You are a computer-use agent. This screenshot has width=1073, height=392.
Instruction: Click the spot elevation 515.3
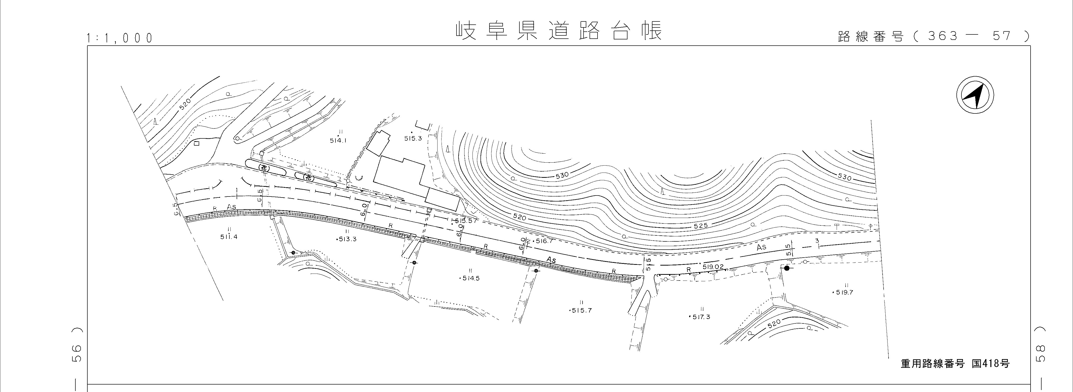pyautogui.click(x=413, y=138)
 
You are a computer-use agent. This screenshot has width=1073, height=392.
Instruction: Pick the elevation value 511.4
pyautogui.click(x=229, y=237)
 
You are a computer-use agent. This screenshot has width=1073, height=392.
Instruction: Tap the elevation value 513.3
pyautogui.click(x=346, y=239)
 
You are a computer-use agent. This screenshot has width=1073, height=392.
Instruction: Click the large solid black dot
pyautogui.click(x=786, y=268)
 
